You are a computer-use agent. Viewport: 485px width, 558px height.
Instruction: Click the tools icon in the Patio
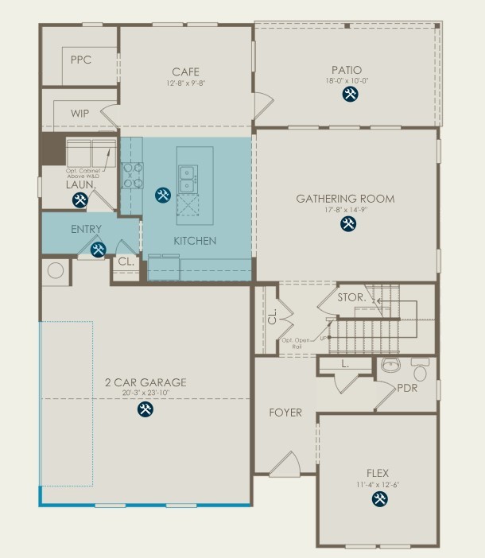pyautogui.click(x=349, y=95)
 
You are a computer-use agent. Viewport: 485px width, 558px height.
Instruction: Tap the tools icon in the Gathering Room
pyautogui.click(x=348, y=223)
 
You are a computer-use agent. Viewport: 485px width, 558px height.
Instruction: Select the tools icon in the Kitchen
pyautogui.click(x=163, y=194)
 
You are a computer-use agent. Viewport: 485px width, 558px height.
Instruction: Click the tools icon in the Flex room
pyautogui.click(x=378, y=498)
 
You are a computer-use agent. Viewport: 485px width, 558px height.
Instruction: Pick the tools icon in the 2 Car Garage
pyautogui.click(x=145, y=409)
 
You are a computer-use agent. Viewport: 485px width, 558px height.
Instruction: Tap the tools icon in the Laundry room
pyautogui.click(x=80, y=200)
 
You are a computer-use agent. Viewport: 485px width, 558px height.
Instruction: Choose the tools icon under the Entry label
pyautogui.click(x=99, y=250)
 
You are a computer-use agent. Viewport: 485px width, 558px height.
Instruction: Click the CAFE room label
pyautogui.click(x=185, y=72)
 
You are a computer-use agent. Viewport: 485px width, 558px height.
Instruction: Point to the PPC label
pyautogui.click(x=80, y=60)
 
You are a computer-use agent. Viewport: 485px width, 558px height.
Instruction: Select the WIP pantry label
pyautogui.click(x=80, y=114)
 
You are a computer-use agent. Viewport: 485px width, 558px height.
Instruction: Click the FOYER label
pyautogui.click(x=285, y=413)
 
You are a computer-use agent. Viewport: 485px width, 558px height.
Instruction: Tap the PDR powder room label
pyautogui.click(x=406, y=388)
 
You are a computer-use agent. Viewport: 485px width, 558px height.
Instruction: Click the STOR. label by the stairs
pyautogui.click(x=351, y=298)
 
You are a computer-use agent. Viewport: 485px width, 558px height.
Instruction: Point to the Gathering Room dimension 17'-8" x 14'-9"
pyautogui.click(x=345, y=210)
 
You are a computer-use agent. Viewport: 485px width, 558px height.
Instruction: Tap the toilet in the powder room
pyautogui.click(x=420, y=369)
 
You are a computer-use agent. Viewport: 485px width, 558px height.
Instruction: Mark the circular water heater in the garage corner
pyautogui.click(x=56, y=270)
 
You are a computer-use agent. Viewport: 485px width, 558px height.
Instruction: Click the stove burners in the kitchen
pyautogui.click(x=132, y=175)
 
